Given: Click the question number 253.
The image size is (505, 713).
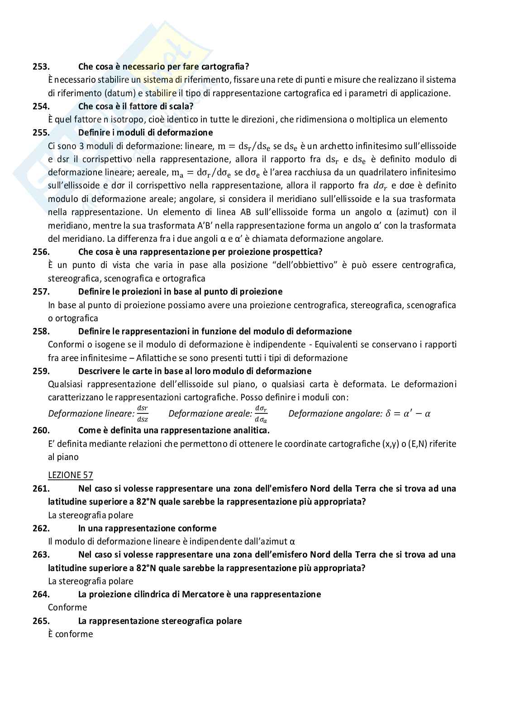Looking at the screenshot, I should click(x=41, y=66).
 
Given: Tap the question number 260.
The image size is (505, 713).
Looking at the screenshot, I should click(x=41, y=430).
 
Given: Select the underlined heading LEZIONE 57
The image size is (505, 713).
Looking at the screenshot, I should click(x=70, y=475).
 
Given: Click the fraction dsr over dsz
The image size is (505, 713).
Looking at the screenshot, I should click(x=143, y=413).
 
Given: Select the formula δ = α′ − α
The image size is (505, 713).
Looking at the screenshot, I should click(x=408, y=413).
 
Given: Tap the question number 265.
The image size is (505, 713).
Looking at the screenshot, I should click(x=41, y=621).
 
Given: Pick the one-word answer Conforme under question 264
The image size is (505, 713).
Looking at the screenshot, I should click(x=67, y=607).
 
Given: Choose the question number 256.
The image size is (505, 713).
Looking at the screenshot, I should click(x=41, y=252).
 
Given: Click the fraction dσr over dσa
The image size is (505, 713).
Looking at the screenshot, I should click(x=261, y=413).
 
